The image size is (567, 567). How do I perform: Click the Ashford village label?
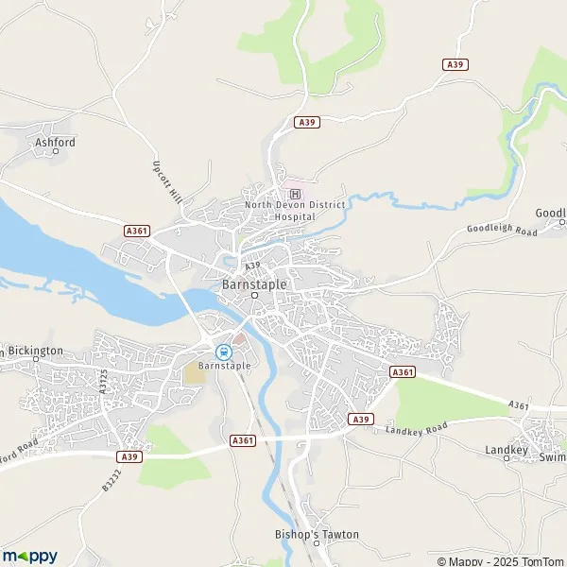pos(54,143)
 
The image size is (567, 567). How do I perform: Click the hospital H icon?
pos(294,194)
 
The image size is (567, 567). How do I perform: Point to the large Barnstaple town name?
pos(253,282)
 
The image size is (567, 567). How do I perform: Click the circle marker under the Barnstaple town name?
pos(254,296)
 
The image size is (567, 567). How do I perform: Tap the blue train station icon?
pos(224,351)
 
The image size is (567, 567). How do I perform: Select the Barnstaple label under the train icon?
pos(224,364)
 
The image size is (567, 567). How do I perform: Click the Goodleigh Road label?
pos(501,230)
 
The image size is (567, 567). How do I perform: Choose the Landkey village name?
pos(507,450)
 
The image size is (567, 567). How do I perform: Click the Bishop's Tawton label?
pos(324,535)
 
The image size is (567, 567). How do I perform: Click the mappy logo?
pos(29,556)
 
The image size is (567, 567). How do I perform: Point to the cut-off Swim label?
pos(552,456)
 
